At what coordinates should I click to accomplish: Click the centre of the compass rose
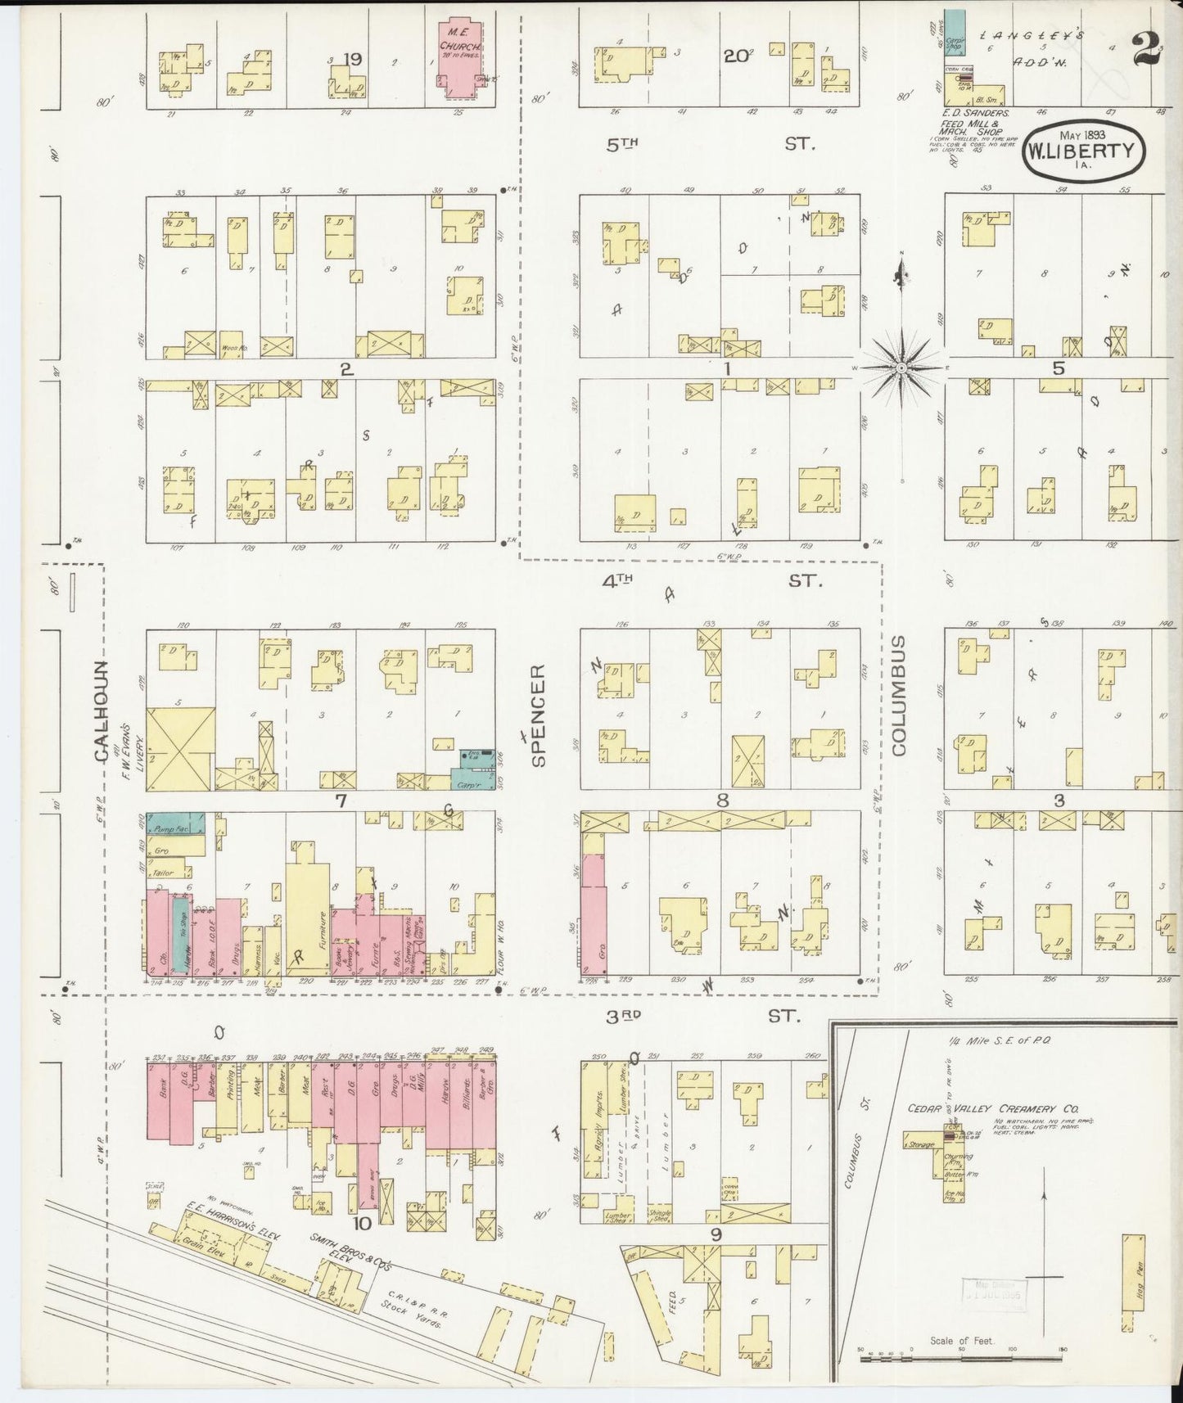click(x=901, y=369)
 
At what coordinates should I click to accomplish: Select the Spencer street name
click(x=539, y=715)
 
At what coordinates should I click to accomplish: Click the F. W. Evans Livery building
click(x=181, y=749)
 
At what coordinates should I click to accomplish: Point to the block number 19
click(x=353, y=60)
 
